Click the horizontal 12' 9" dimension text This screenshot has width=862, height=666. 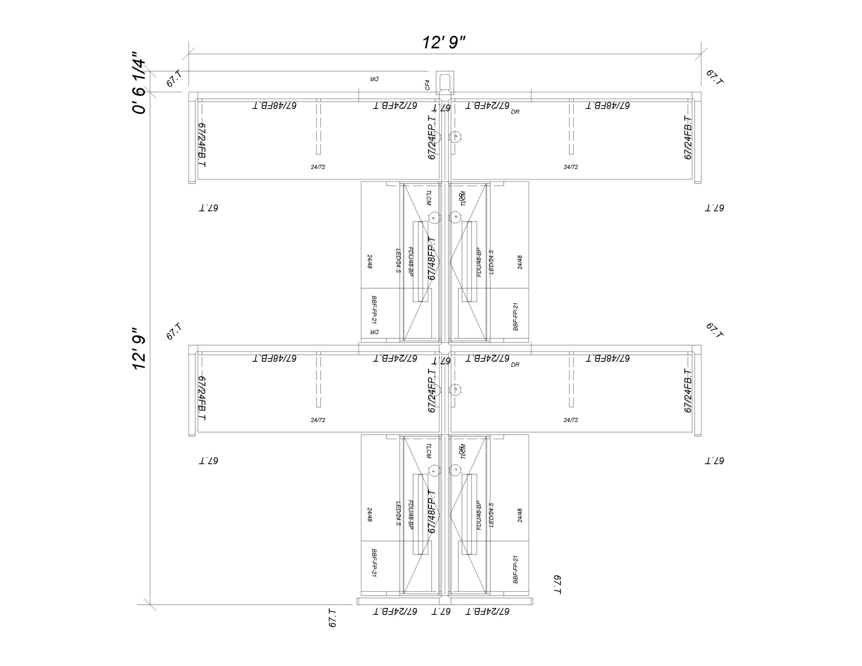pyautogui.click(x=444, y=42)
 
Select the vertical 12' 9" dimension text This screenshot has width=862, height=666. pyautogui.click(x=139, y=348)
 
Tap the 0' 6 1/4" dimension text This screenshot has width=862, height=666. pyautogui.click(x=139, y=82)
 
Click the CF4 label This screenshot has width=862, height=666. pyautogui.click(x=427, y=85)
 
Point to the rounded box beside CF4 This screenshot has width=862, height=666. pyautogui.click(x=445, y=82)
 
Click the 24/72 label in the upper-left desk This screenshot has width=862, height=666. pyautogui.click(x=318, y=167)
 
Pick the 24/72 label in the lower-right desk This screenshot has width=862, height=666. pyautogui.click(x=571, y=420)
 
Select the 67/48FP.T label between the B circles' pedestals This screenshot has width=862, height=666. pyautogui.click(x=432, y=259)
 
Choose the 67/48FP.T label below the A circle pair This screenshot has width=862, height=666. pyautogui.click(x=432, y=512)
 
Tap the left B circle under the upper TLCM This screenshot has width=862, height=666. pyautogui.click(x=434, y=218)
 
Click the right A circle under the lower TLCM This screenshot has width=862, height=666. pyautogui.click(x=456, y=469)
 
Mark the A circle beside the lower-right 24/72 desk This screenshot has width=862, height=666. pyautogui.click(x=456, y=389)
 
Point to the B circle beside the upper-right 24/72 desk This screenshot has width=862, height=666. pyautogui.click(x=456, y=136)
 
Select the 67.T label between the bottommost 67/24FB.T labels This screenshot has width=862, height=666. pyautogui.click(x=441, y=611)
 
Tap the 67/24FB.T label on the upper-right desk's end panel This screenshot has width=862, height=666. pyautogui.click(x=688, y=138)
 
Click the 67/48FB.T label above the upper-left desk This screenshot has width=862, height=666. pyautogui.click(x=274, y=105)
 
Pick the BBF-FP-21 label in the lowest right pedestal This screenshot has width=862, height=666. pyautogui.click(x=515, y=569)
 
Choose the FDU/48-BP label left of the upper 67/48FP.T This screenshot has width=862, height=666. pyautogui.click(x=410, y=261)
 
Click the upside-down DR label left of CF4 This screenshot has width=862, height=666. pyautogui.click(x=374, y=79)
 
